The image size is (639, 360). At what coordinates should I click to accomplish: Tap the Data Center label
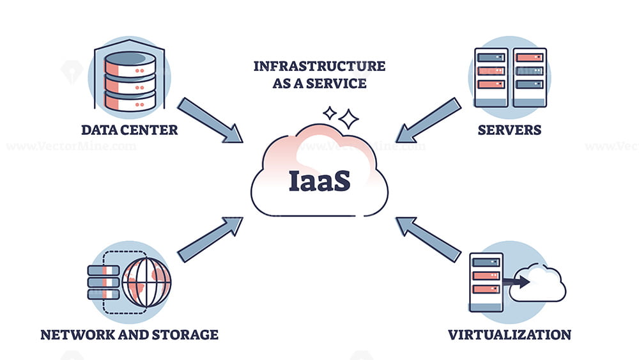(x=129, y=130)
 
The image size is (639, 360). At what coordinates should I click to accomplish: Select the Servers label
(x=509, y=130)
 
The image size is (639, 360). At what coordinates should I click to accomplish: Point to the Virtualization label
(x=509, y=334)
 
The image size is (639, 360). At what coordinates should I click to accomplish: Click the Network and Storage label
(x=129, y=334)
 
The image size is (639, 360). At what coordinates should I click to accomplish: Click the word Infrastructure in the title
(x=319, y=67)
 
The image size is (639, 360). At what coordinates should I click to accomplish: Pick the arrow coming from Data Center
(x=210, y=120)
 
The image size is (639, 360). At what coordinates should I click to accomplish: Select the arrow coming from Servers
(x=429, y=120)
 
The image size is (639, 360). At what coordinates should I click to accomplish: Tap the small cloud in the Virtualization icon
(x=538, y=283)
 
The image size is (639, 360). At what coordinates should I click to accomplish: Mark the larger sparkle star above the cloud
(x=348, y=118)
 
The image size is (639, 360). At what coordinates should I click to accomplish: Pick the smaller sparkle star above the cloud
(x=330, y=113)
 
